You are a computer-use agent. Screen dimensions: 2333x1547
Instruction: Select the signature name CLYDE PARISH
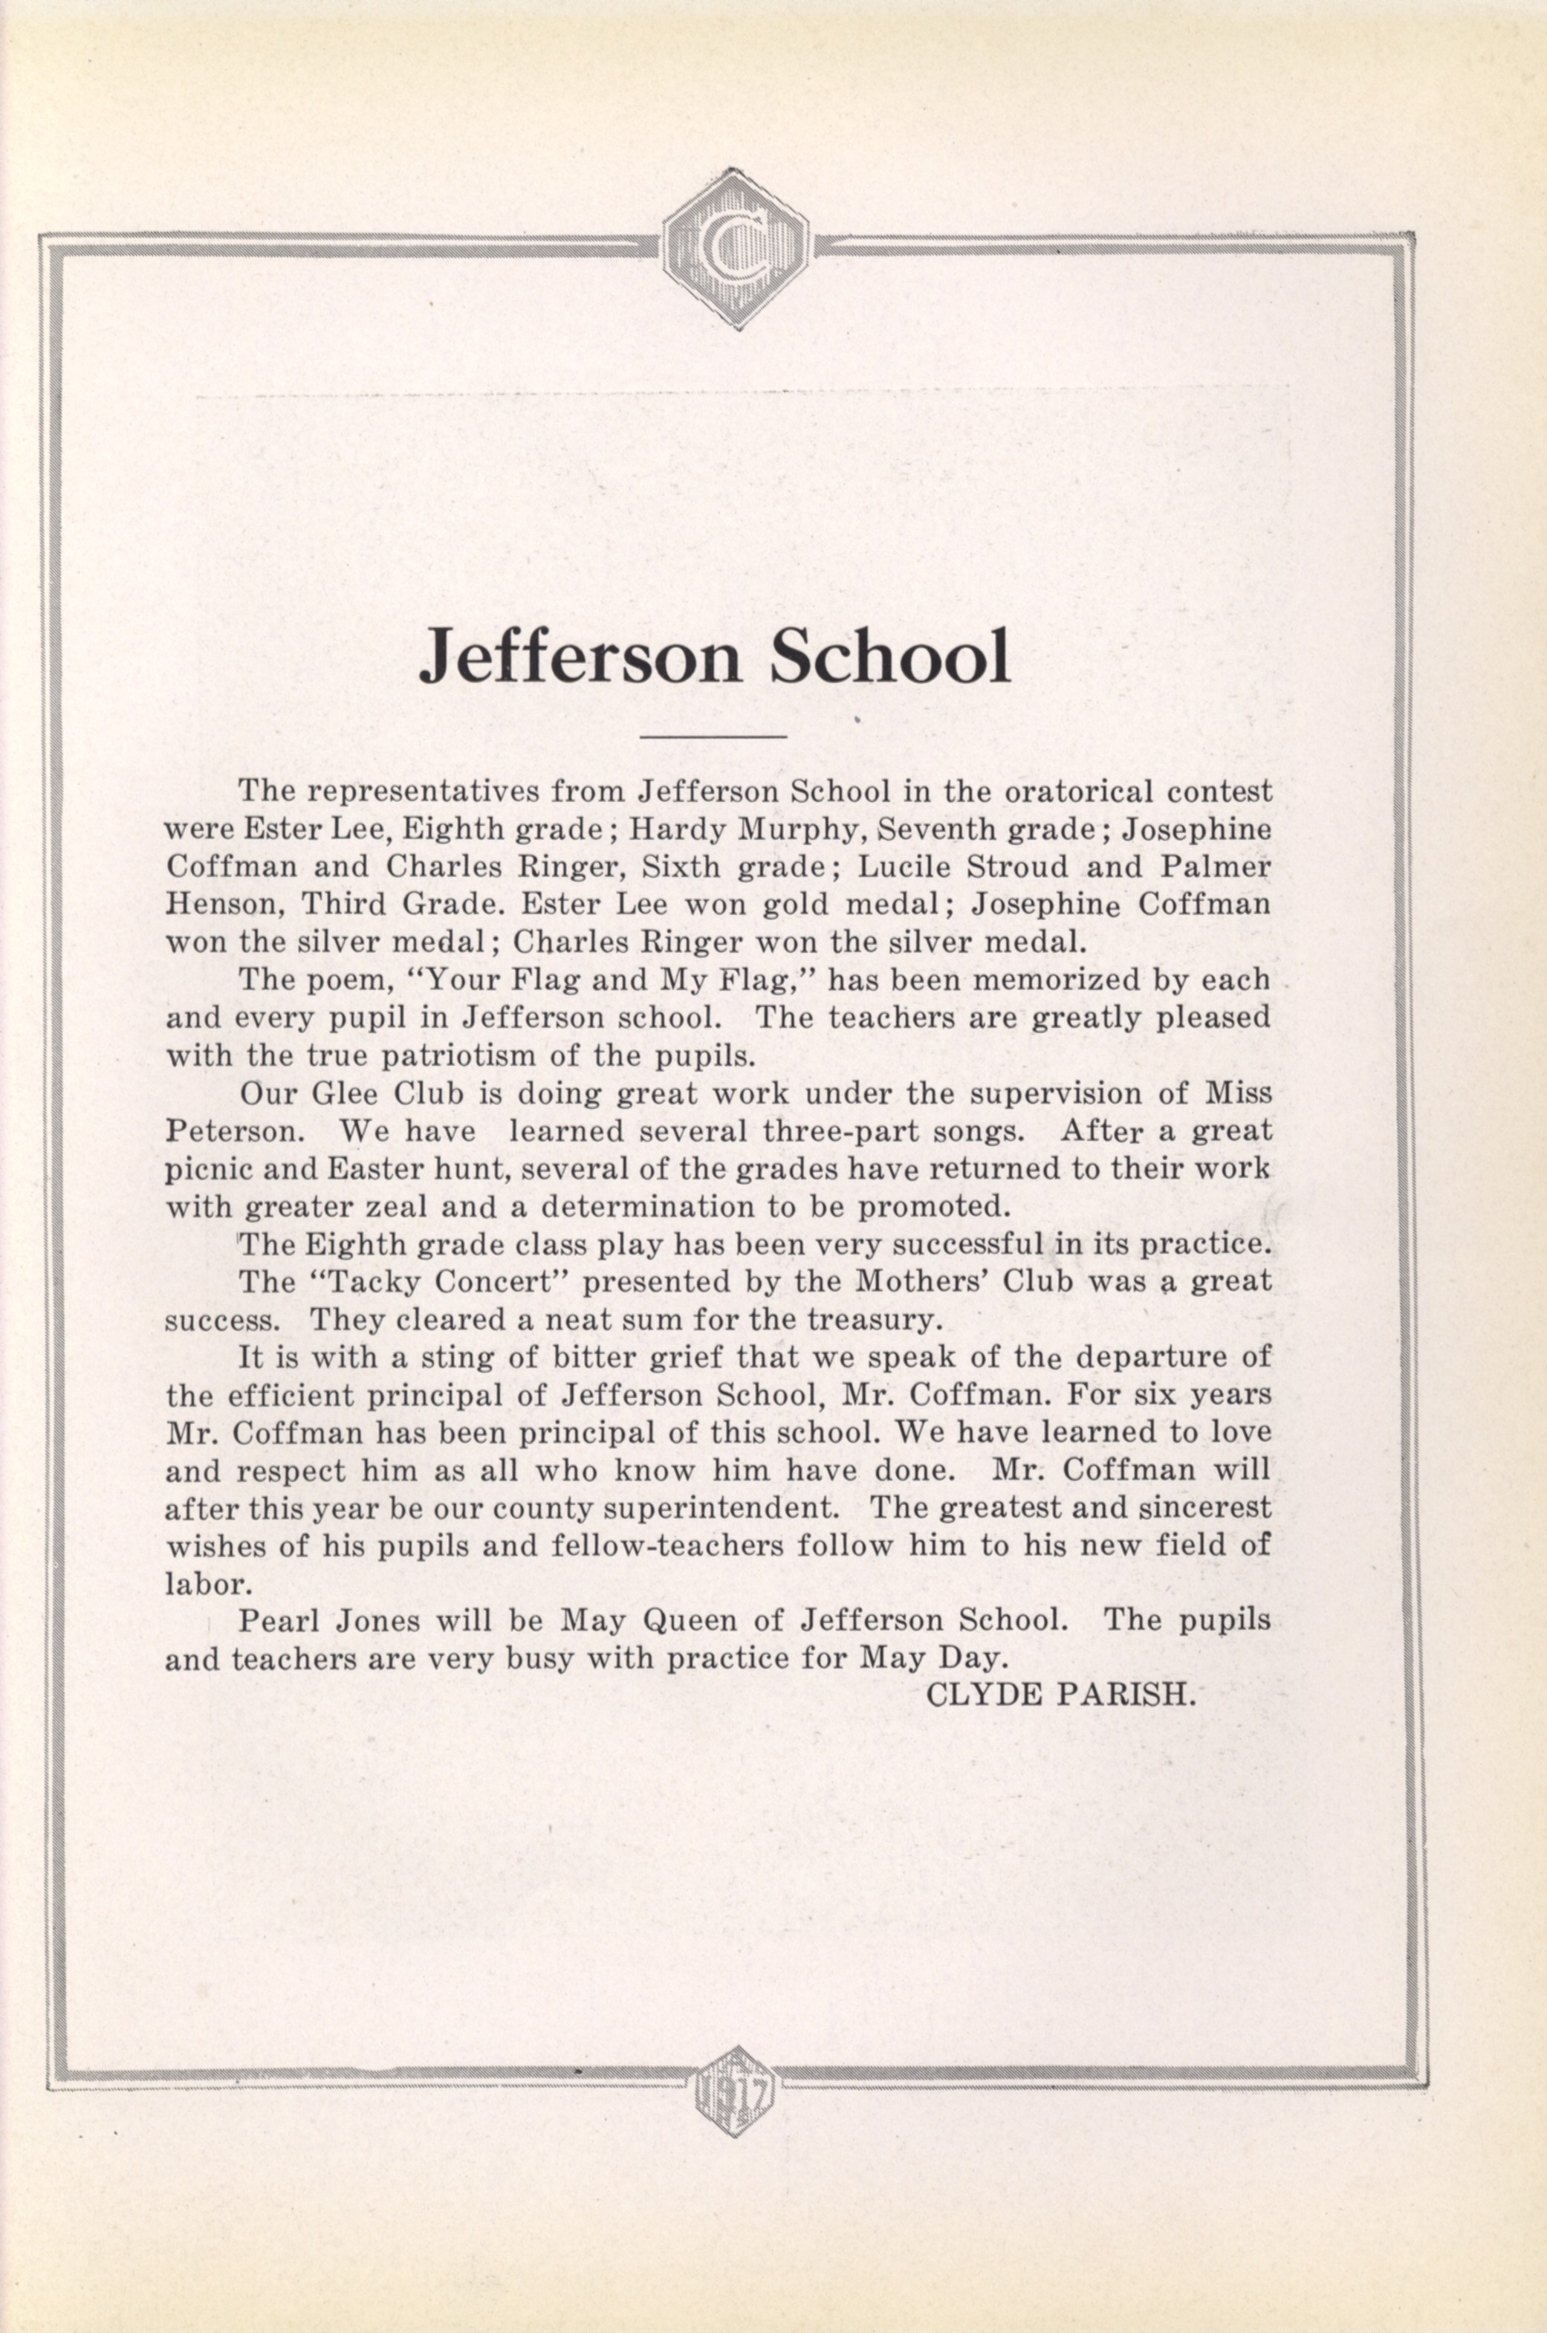pos(1060,1695)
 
